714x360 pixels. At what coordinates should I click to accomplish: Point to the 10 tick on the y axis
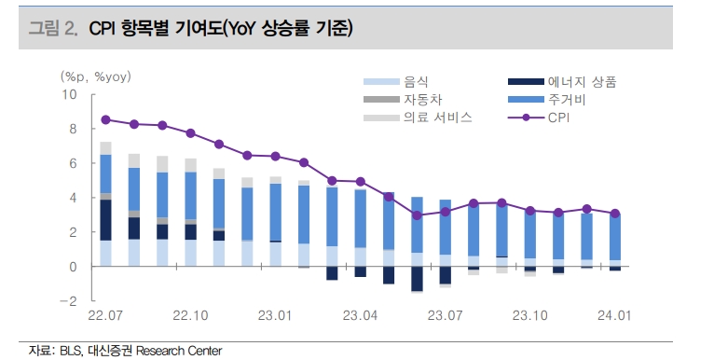click(70, 94)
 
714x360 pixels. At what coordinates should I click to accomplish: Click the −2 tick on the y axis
click(68, 301)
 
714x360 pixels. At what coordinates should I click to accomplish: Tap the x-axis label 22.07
click(106, 315)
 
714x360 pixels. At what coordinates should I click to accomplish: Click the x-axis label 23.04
click(360, 315)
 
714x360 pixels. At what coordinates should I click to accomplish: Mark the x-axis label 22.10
click(190, 315)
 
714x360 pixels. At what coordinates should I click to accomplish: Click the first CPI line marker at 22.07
click(105, 119)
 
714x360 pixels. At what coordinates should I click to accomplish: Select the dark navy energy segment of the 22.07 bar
click(105, 220)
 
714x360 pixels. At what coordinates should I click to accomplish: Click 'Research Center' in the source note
click(179, 351)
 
